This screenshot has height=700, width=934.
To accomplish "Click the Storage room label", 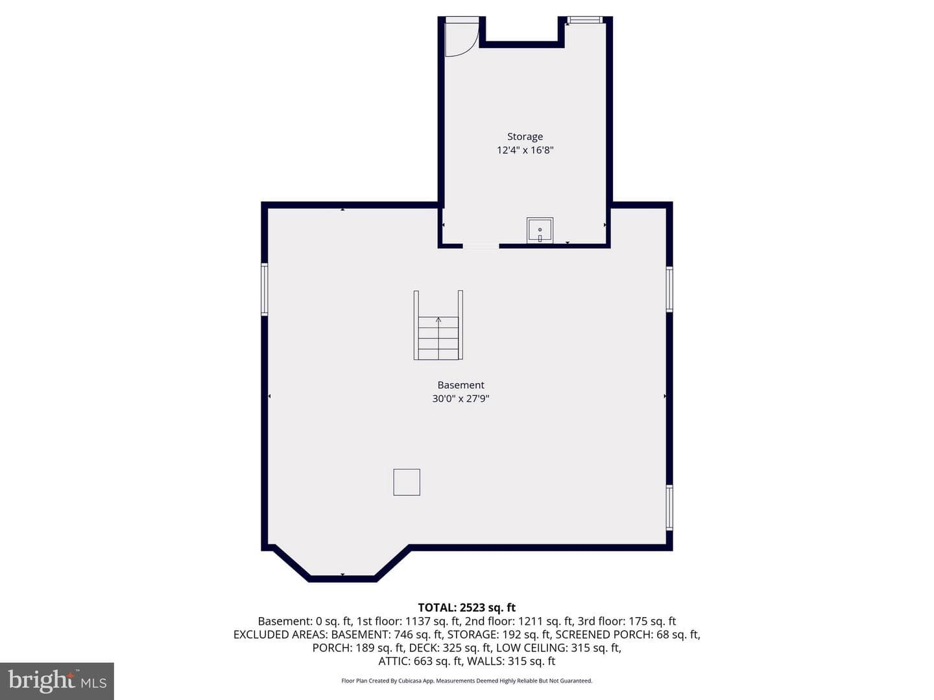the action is [525, 136].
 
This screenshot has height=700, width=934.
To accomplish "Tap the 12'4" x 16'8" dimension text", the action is [525, 150].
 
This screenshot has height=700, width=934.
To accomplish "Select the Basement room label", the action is [461, 385].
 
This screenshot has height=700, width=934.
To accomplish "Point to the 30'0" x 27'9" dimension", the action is [461, 399].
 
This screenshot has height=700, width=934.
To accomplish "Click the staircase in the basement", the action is [438, 325].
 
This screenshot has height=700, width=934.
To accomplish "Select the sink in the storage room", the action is [540, 230].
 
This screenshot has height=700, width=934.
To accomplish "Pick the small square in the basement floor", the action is [407, 482].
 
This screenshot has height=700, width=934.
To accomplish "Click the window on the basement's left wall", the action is [264, 290].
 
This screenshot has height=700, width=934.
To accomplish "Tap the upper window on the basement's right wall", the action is [669, 289].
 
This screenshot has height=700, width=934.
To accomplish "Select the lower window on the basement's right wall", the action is [669, 507].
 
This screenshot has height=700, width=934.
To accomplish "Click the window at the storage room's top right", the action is [586, 19].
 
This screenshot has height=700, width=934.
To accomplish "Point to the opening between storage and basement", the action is [481, 246].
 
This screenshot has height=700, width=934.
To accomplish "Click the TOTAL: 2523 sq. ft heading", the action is [467, 607].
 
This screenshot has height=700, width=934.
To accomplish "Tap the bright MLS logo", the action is [57, 681].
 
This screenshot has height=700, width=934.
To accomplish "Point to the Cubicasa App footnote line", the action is [467, 681].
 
